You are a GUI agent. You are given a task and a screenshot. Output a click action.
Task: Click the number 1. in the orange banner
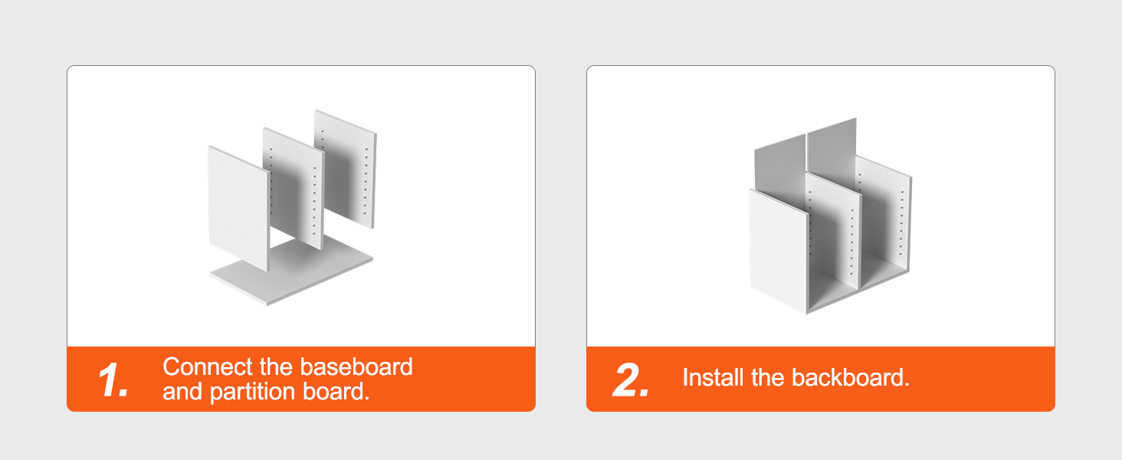tap(113, 379)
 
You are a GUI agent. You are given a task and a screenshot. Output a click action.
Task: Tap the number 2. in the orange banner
tap(631, 379)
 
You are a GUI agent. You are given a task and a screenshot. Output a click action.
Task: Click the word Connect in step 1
tap(208, 366)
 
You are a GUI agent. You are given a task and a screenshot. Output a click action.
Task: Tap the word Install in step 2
tap(713, 378)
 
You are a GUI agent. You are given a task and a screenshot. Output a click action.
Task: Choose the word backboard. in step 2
tap(851, 378)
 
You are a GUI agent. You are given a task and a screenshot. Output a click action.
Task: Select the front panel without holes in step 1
tap(239, 209)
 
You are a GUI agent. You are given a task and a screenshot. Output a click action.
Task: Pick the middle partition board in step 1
tap(294, 189)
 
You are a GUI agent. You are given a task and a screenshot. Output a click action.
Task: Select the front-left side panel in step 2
tap(779, 251)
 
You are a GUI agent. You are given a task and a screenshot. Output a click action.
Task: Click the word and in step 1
tap(182, 391)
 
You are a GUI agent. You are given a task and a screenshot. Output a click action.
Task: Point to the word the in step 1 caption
tap(276, 366)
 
